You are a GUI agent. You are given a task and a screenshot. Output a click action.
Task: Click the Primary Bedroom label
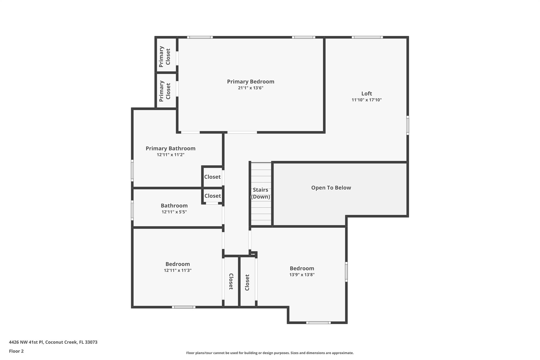250,82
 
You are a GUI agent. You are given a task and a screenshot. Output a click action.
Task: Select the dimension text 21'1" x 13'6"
250,88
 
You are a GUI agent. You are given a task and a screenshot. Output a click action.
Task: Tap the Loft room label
367,94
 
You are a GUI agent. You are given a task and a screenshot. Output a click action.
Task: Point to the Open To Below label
331,188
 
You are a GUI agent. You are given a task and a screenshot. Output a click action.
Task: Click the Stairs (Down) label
261,193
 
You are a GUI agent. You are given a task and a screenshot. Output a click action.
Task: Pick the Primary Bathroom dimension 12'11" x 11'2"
170,155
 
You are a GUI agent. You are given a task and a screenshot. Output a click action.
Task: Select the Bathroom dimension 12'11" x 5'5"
174,212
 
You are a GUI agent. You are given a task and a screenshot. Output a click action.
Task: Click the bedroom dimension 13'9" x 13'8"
302,275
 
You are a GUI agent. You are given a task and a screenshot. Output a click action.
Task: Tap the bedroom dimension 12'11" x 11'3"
177,271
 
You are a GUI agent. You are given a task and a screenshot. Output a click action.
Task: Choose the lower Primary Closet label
165,91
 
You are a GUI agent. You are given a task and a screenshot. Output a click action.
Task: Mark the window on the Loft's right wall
407,125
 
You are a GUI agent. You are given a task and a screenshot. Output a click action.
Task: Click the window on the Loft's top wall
367,37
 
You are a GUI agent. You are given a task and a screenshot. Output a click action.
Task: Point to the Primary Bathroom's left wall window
132,171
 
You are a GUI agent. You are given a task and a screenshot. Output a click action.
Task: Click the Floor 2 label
16,351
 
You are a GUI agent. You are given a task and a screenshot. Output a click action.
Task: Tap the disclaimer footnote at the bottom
270,353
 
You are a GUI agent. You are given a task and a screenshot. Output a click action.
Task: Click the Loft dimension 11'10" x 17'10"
367,100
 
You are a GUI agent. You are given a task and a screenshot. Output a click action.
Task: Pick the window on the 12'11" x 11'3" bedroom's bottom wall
184,307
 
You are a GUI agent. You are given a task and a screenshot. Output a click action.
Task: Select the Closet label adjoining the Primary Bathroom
212,177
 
